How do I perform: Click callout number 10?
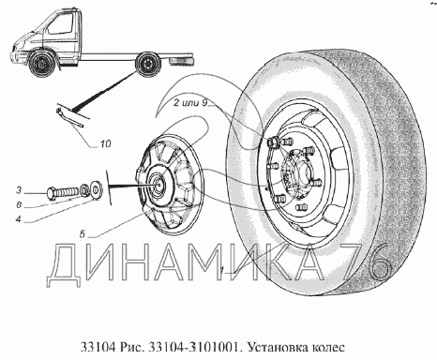tap(106, 143)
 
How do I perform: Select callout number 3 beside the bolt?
tap(19, 190)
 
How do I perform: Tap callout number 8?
tap(19, 205)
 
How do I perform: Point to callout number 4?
tap(19, 219)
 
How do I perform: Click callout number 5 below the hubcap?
tap(83, 234)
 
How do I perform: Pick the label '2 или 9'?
tap(190, 103)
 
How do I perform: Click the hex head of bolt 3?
tap(52, 192)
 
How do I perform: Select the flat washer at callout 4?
tap(95, 187)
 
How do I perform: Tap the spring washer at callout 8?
tap(83, 189)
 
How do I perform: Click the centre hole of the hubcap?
tap(158, 185)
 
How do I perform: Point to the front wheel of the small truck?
tap(41, 64)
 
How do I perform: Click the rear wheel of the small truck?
tap(147, 65)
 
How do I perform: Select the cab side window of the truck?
tap(60, 25)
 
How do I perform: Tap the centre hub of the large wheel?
tap(301, 172)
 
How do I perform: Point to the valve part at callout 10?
tap(69, 118)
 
